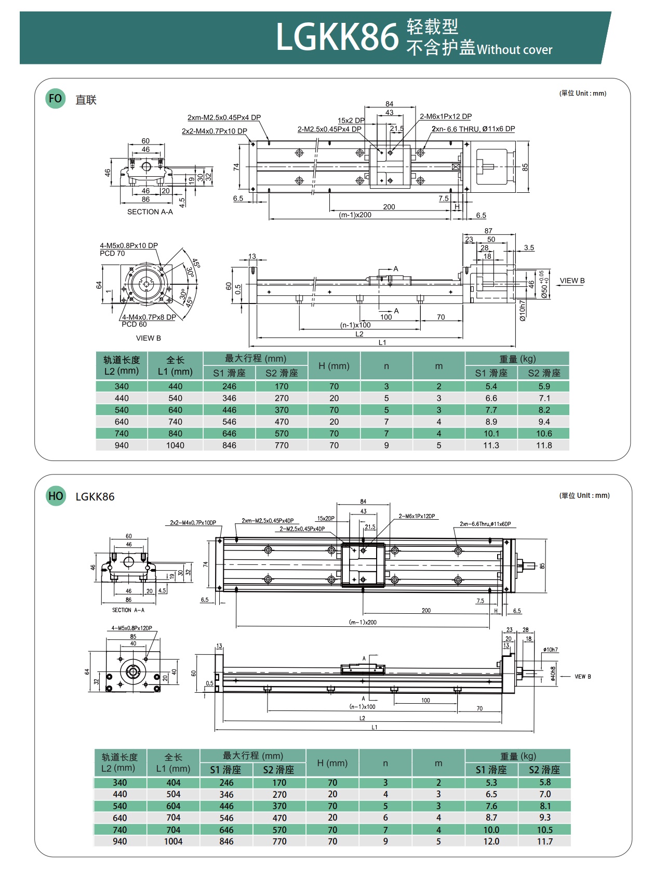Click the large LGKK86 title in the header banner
tap(337, 37)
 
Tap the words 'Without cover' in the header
tap(514, 50)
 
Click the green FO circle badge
tap(55, 99)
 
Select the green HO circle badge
tap(56, 496)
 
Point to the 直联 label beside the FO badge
tap(86, 100)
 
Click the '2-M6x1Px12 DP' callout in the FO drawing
tap(446, 116)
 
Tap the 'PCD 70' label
tap(112, 254)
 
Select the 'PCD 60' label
tap(134, 324)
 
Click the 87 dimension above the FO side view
tap(488, 231)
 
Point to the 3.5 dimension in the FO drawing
tap(529, 248)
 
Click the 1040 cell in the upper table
tap(175, 445)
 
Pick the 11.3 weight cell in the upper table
tap(491, 445)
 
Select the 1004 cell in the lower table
tap(174, 841)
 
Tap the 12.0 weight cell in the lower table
tap(491, 841)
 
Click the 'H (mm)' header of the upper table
tap(334, 366)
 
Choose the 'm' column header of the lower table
tap(438, 763)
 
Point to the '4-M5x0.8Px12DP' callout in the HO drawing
tap(132, 628)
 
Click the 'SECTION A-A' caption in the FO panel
tap(150, 212)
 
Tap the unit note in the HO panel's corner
tap(584, 495)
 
